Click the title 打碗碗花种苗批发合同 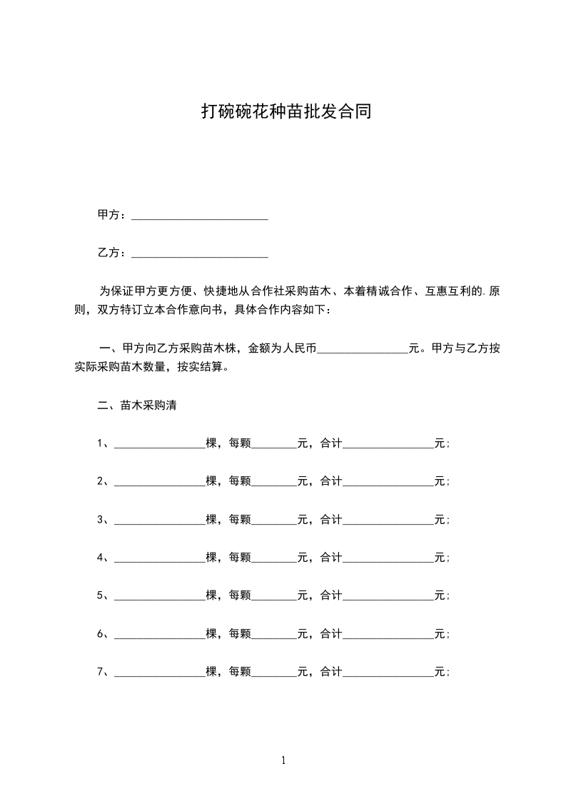(285, 112)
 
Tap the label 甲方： (113, 215)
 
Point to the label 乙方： (113, 253)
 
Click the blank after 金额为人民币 (362, 351)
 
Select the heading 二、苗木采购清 (137, 405)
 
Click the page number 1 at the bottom (283, 760)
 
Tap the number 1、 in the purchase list (103, 443)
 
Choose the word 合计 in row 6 (331, 633)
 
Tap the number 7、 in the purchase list (103, 672)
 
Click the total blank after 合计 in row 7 (388, 674)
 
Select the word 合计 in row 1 (331, 443)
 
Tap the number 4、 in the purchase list (103, 558)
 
